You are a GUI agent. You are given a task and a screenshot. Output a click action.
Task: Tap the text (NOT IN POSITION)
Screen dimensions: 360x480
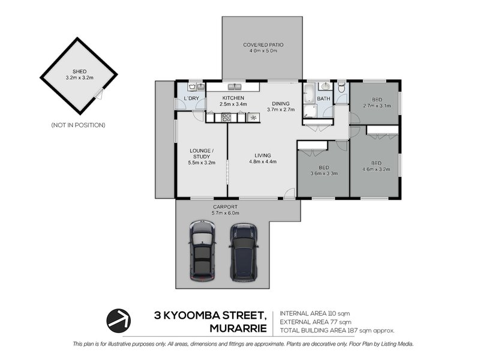(x=78, y=125)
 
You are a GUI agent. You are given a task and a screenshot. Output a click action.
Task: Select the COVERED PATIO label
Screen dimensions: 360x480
(x=263, y=45)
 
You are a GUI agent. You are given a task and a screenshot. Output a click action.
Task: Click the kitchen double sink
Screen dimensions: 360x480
(x=234, y=87)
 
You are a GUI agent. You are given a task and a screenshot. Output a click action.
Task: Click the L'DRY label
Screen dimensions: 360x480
(x=191, y=98)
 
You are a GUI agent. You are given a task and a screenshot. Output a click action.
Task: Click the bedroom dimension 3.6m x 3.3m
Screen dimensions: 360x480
(x=323, y=174)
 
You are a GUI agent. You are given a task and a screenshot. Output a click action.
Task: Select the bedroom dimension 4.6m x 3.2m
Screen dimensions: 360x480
(x=376, y=169)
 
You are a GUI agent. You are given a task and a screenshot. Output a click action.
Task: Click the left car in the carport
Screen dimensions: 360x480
(x=202, y=251)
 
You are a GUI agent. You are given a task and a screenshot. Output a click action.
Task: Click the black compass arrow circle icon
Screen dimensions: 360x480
(x=119, y=320)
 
